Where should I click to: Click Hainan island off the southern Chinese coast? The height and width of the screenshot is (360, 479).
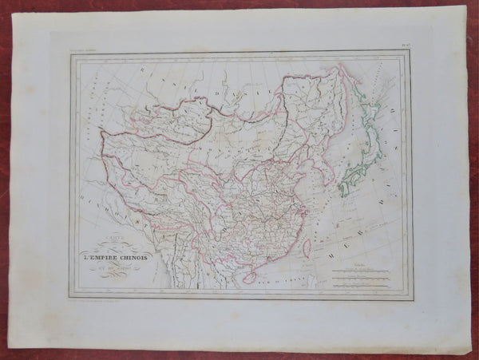tap(248, 277)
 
